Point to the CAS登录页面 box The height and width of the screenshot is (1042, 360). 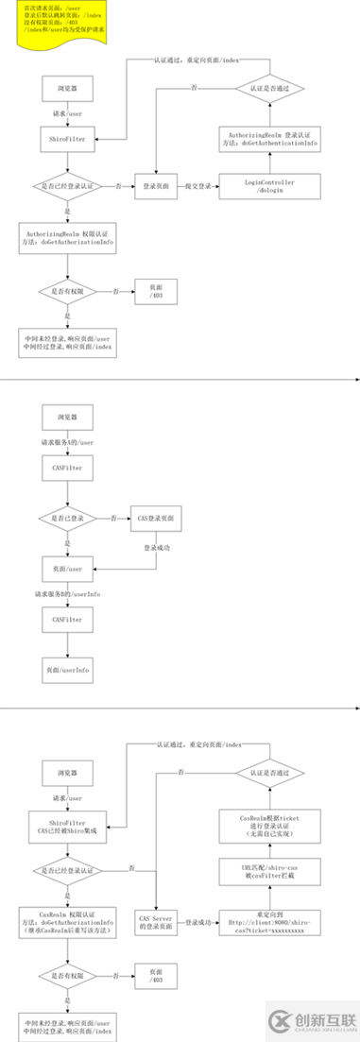point(156,518)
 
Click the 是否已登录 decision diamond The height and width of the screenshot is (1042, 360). point(66,518)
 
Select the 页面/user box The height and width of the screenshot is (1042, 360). point(66,569)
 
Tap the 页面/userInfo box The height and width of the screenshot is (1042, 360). point(66,670)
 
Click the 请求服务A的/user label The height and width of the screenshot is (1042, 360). point(66,442)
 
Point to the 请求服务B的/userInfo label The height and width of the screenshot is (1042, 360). point(66,594)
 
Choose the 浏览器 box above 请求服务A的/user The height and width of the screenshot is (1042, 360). point(66,415)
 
